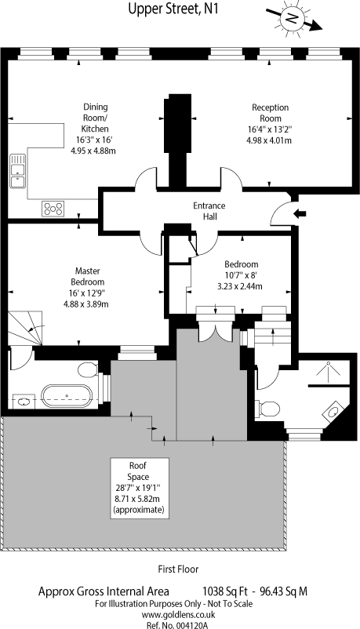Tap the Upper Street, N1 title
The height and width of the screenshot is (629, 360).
(173, 8)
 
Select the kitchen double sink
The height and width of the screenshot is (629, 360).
(18, 171)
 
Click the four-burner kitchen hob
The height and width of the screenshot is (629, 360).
(53, 209)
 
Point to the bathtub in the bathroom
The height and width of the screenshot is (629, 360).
(67, 396)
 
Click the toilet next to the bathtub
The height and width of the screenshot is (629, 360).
(87, 369)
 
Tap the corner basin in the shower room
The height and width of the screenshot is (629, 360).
(333, 411)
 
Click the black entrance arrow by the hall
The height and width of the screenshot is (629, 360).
(300, 214)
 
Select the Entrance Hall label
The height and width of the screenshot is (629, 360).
(209, 211)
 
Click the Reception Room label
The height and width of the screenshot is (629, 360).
(270, 113)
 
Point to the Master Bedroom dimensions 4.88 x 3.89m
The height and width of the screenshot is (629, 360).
(87, 304)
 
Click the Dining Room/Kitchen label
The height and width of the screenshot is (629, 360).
(96, 118)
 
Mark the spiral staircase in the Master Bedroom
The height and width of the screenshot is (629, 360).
(25, 328)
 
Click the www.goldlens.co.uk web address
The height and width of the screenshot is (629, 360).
(178, 615)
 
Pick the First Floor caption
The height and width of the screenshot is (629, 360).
(178, 569)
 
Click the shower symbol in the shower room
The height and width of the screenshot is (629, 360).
(329, 372)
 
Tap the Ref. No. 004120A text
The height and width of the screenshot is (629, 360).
(178, 625)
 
